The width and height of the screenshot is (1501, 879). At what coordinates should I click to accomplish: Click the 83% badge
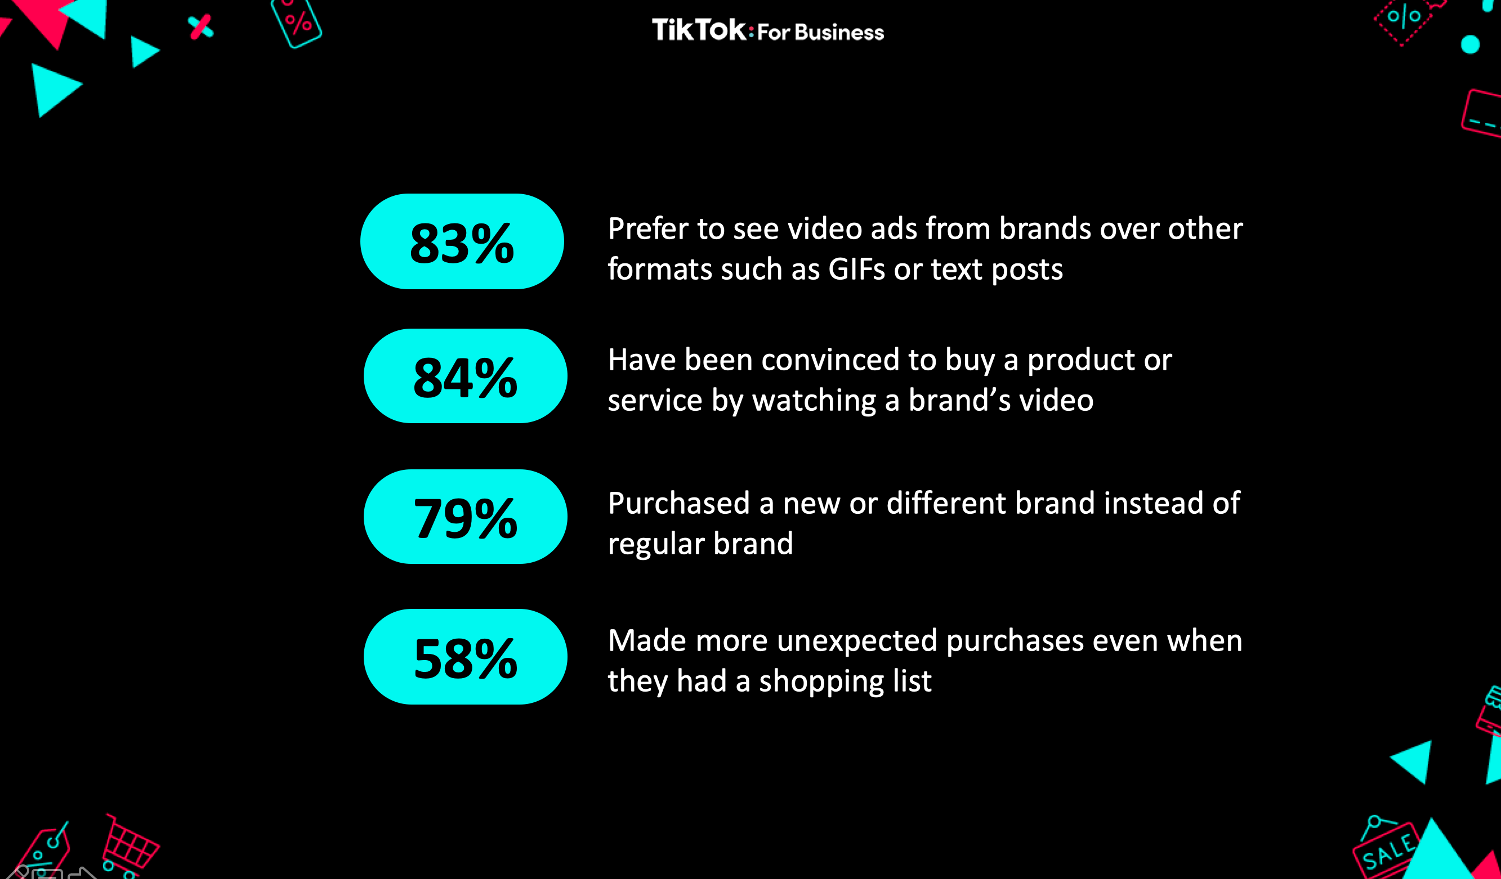[x=462, y=241]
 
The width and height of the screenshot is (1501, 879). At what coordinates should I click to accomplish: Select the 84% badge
[x=465, y=376]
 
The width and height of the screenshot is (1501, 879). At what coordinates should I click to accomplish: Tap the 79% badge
[x=465, y=517]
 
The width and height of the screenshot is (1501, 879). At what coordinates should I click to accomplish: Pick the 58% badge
[x=465, y=656]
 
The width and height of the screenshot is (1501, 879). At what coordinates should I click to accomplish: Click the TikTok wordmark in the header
[x=699, y=30]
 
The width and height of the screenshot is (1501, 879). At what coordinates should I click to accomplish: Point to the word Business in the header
[x=839, y=32]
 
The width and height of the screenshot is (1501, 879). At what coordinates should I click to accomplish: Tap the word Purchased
[x=679, y=503]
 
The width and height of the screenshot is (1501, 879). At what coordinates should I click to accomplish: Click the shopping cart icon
[x=129, y=846]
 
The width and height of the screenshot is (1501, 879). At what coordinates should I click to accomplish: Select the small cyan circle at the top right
[x=1470, y=44]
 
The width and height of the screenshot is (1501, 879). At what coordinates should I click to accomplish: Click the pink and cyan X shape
[x=201, y=27]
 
